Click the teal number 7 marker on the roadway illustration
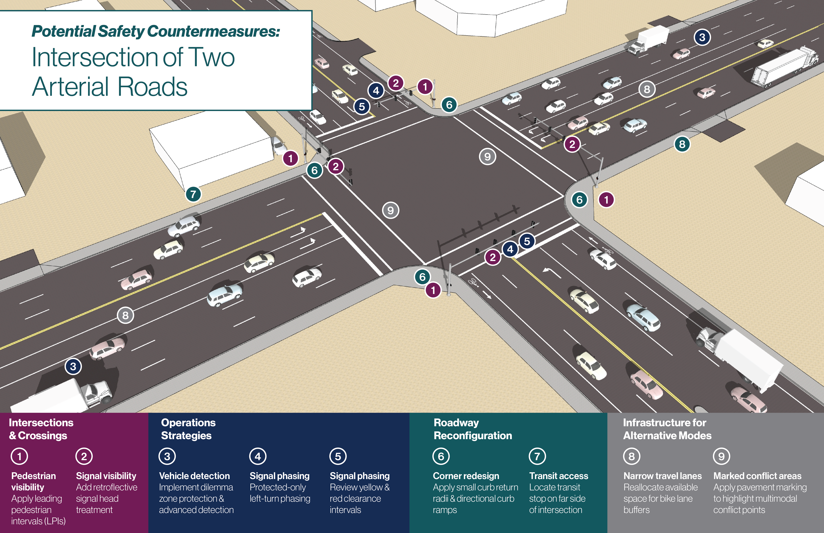click(193, 194)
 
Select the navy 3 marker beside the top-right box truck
click(702, 37)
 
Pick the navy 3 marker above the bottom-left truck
click(73, 366)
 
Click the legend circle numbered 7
click(537, 456)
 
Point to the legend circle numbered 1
click(19, 456)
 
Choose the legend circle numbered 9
click(722, 456)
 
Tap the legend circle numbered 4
click(258, 456)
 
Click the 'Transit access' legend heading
click(558, 476)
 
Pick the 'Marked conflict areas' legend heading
click(758, 476)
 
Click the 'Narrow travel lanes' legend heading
click(663, 476)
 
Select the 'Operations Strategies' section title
click(188, 429)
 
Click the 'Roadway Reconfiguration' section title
click(473, 429)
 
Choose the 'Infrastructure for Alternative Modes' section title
click(667, 429)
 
